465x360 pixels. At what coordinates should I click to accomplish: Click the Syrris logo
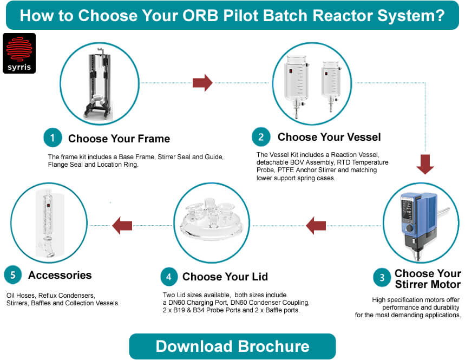(19, 53)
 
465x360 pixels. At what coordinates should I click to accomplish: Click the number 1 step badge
(53, 138)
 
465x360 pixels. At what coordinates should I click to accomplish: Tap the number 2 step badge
(261, 137)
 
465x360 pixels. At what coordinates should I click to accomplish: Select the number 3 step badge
(382, 278)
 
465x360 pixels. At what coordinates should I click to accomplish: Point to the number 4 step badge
(169, 277)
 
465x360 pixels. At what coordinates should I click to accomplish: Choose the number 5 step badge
(13, 275)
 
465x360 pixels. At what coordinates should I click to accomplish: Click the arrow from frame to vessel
(202, 82)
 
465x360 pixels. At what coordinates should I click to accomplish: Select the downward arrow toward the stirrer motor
(425, 165)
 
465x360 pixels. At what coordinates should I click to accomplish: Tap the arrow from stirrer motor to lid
(316, 225)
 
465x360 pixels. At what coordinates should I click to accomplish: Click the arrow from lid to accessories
(122, 225)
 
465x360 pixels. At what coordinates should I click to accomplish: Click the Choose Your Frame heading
(119, 139)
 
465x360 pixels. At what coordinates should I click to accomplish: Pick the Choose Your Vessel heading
(329, 137)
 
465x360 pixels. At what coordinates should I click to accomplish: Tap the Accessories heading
(60, 275)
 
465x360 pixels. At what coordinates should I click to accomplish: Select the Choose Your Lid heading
(225, 277)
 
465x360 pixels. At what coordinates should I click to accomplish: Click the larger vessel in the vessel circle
(297, 81)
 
